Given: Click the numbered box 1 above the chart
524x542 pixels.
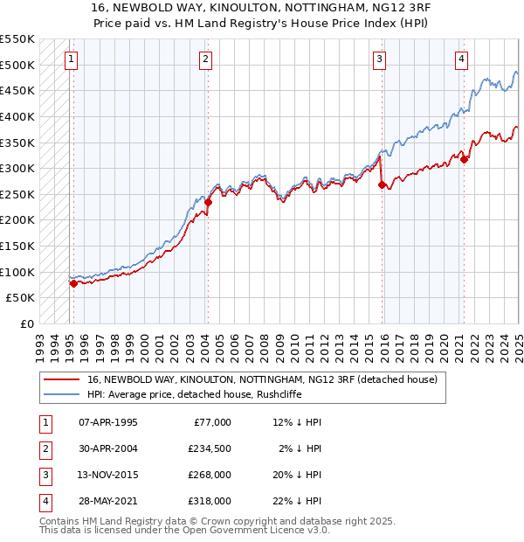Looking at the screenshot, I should [70, 59].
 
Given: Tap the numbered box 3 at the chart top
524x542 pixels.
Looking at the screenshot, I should [381, 59].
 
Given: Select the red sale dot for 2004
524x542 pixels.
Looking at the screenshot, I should [209, 202].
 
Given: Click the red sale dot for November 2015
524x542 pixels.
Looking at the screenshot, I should [382, 184].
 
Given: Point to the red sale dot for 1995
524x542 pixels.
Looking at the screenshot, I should [73, 283].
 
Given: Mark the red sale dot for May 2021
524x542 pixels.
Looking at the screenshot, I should [465, 159].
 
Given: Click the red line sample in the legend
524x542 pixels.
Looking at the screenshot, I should [60, 379].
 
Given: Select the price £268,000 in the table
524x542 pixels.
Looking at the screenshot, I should [209, 476].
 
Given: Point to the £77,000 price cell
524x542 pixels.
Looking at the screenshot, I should [212, 422].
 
